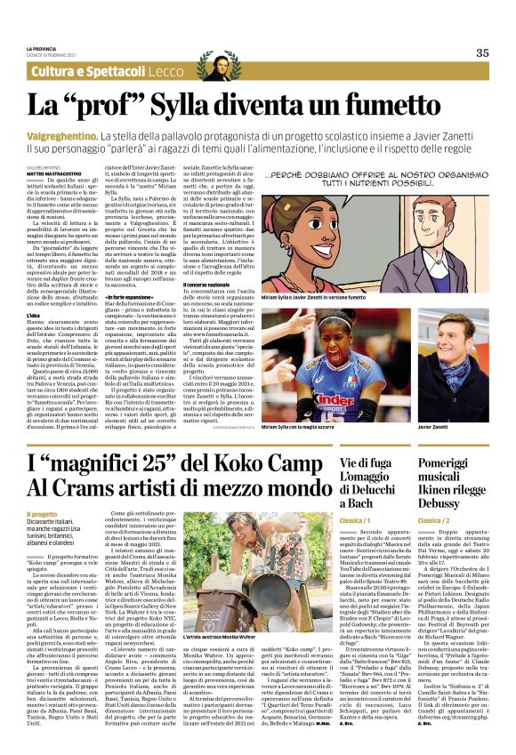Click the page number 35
click(x=482, y=52)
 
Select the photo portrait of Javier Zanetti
click(x=454, y=357)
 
